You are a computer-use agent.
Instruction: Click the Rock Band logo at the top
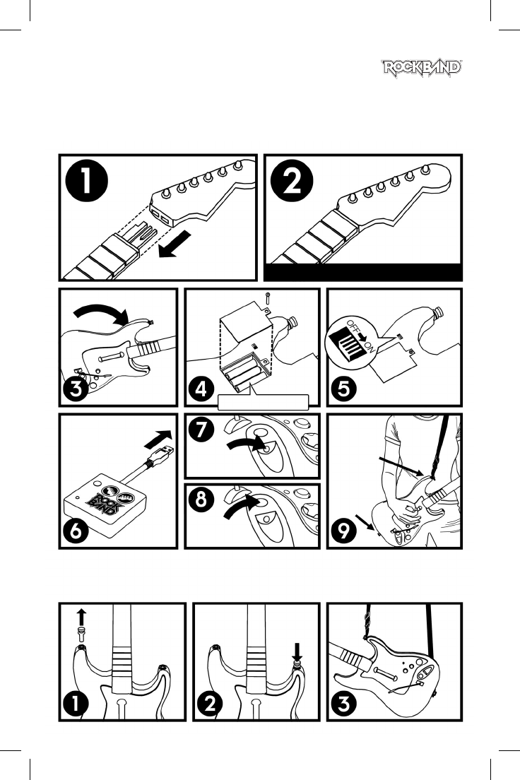[x=422, y=69]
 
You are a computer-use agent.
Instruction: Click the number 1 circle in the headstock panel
[x=87, y=180]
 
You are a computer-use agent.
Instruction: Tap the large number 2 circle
[x=292, y=180]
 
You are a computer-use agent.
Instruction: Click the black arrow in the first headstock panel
[x=175, y=246]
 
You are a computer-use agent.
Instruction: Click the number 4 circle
[x=201, y=389]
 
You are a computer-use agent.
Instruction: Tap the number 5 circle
[x=344, y=389]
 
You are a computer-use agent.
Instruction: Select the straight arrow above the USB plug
[x=158, y=439]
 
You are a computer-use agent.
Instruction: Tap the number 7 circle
[x=201, y=430]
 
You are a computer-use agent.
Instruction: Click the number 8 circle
[x=201, y=499]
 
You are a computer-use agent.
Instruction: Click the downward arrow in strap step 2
[x=297, y=651]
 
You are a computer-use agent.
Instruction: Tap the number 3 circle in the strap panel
[x=344, y=704]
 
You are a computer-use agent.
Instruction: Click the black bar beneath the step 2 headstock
[x=362, y=272]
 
